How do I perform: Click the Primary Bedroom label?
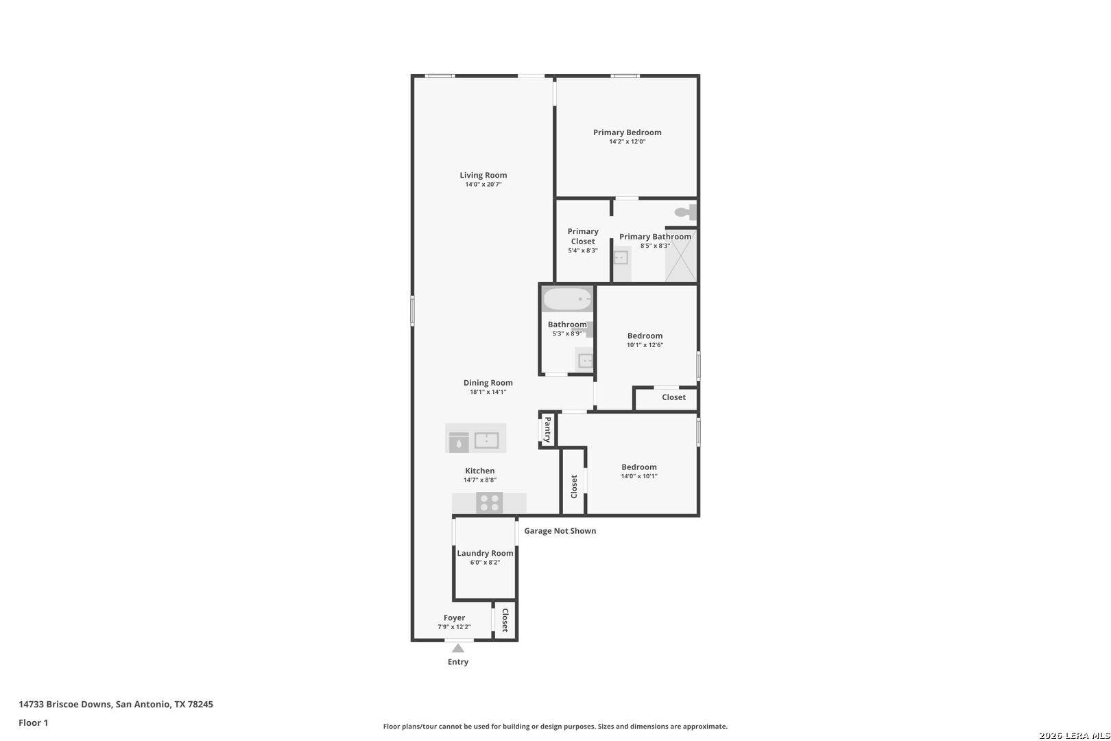coord(627,132)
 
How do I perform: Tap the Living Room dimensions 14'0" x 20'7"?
coord(483,184)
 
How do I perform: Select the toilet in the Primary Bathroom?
coord(685,212)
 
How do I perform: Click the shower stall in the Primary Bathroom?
coord(680,256)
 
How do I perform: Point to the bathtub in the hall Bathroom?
coord(567,299)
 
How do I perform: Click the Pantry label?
coord(547,430)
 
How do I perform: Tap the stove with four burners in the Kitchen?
coord(490,503)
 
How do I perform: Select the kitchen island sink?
coord(486,440)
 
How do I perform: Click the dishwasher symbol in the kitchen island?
coord(459,442)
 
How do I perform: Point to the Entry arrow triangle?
coord(458,648)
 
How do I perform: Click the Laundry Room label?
coord(485,553)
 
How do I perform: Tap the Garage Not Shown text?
coord(560,530)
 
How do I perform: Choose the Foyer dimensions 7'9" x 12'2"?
coord(454,627)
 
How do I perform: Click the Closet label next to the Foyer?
coord(505,620)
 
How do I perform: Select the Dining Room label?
coord(488,383)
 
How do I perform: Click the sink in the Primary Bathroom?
coord(621,257)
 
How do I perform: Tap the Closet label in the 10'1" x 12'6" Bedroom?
coord(673,397)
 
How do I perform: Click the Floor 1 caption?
coord(33,722)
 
